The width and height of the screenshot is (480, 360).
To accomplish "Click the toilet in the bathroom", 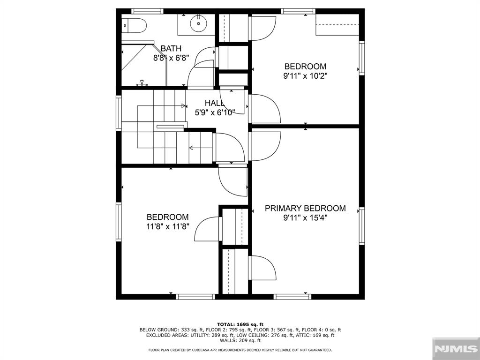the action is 134,26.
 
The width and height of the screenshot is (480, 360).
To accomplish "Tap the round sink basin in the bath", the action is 198,23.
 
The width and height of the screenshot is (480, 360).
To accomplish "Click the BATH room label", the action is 171,48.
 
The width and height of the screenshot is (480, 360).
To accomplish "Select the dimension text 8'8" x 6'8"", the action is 171,58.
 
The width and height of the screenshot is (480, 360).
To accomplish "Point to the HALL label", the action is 215,103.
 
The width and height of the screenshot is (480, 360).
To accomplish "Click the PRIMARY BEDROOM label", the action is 305,209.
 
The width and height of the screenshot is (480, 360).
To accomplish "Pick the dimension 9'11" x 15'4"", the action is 305,218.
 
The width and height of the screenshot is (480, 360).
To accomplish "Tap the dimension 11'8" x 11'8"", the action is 168,226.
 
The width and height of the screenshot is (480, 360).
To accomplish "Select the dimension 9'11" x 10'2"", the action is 305,76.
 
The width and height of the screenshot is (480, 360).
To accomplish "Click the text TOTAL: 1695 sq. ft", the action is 240,324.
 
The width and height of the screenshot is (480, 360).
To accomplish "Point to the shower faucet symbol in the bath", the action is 142,82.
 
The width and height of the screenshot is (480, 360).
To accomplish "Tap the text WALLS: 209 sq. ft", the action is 240,340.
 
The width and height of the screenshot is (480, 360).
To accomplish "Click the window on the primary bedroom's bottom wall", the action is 292,297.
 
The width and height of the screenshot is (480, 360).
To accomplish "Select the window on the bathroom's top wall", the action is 147,11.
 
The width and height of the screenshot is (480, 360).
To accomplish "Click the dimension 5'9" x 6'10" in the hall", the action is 215,112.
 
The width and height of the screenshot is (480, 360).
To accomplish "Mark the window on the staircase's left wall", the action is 119,113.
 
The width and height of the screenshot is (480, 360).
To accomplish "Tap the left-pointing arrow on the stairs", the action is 201,148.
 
